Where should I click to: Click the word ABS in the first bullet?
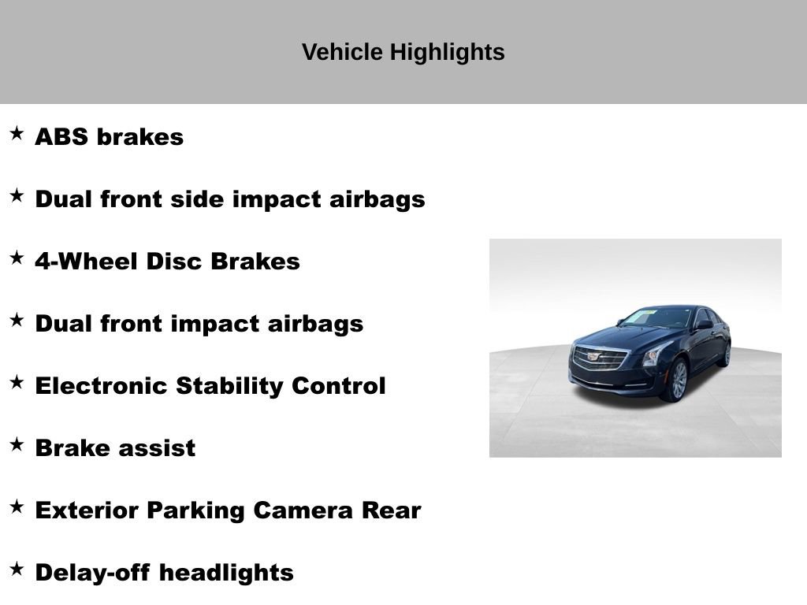[x=62, y=137]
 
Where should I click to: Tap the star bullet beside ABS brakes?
[x=17, y=133]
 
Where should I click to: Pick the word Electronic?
[x=102, y=386]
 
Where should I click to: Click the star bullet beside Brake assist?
[x=17, y=444]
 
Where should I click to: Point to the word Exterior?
[x=87, y=510]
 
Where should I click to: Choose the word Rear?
[x=392, y=510]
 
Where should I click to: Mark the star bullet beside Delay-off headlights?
[x=17, y=569]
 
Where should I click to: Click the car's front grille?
[x=600, y=358]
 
